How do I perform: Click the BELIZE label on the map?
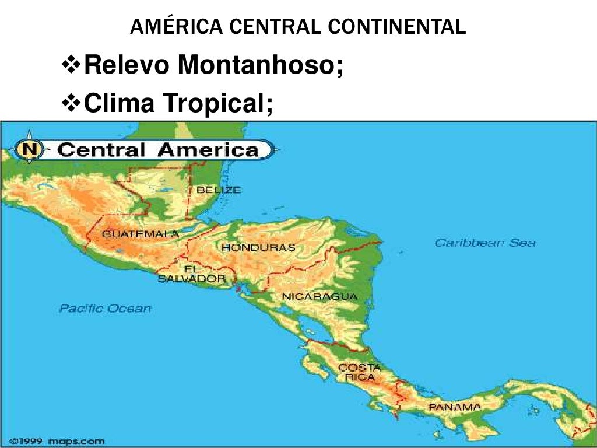(218, 190)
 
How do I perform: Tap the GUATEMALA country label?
(140, 234)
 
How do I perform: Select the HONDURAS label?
(258, 247)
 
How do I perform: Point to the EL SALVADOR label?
(191, 274)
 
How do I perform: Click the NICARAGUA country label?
(319, 296)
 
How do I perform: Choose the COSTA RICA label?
(359, 372)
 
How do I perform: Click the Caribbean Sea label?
(484, 243)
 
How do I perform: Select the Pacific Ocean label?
(105, 309)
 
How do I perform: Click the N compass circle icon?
(30, 150)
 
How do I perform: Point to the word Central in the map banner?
(102, 150)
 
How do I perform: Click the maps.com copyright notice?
(57, 441)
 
